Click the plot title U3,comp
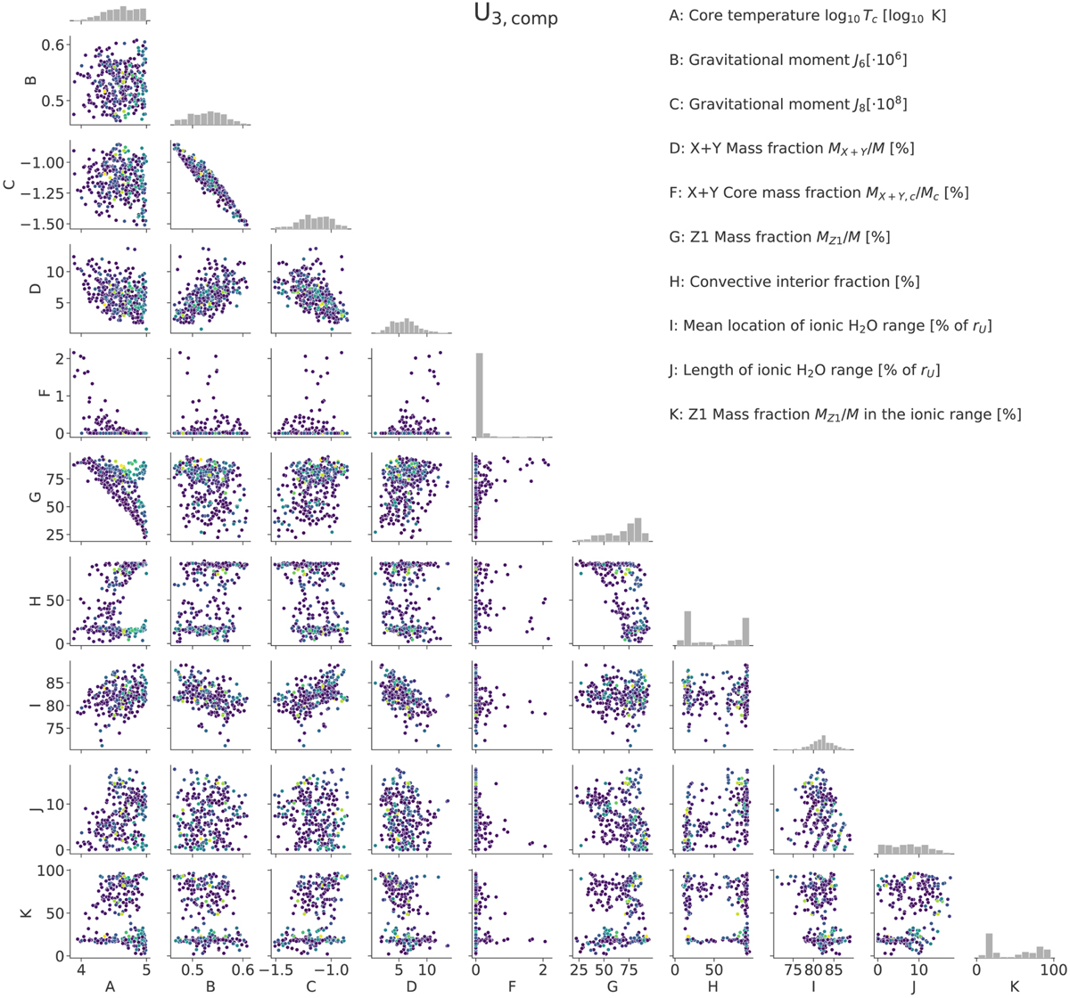point(516,15)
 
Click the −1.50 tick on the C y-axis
point(44,223)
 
